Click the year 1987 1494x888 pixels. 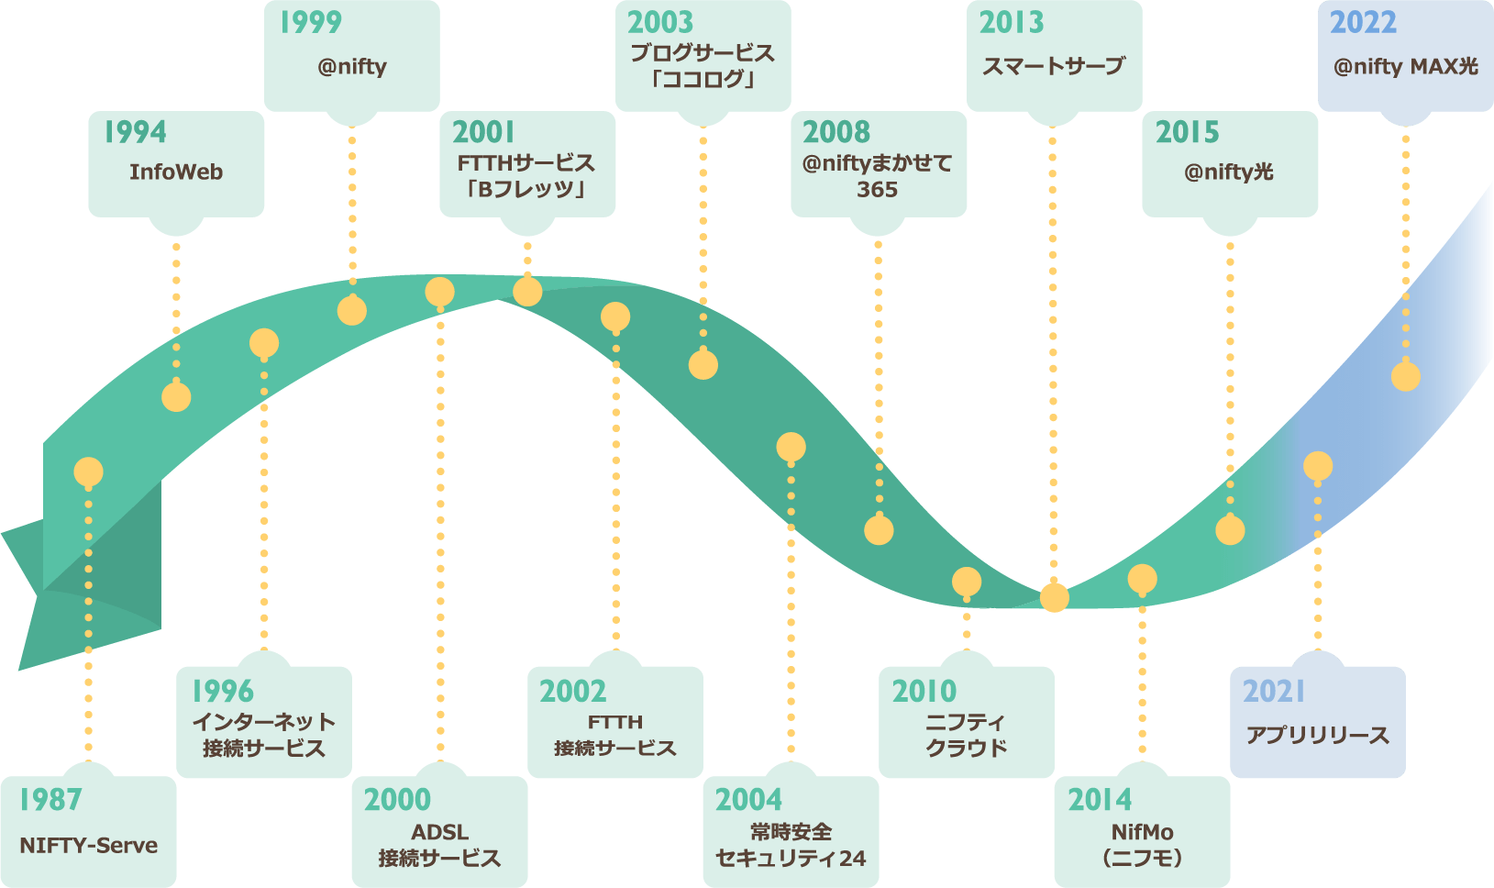[50, 800]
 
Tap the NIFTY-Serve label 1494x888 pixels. [88, 846]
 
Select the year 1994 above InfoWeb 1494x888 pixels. [135, 132]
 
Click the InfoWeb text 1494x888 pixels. [176, 172]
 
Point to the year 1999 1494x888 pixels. [311, 22]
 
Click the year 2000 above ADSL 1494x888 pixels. [397, 800]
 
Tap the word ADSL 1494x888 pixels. [440, 832]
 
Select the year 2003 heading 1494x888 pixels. [660, 22]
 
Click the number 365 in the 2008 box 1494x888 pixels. [878, 190]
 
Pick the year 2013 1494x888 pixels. [1012, 22]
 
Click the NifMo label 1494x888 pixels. [1142, 832]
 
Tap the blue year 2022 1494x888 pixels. [1363, 22]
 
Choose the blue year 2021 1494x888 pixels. [1274, 691]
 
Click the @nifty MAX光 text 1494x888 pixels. [1406, 66]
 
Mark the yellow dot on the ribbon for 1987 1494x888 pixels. [88, 472]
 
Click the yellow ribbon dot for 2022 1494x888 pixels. [1406, 376]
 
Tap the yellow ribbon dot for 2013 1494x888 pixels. [1055, 598]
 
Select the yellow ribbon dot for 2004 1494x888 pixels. [791, 448]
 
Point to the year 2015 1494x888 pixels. [1188, 132]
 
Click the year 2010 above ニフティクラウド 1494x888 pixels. [924, 691]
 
